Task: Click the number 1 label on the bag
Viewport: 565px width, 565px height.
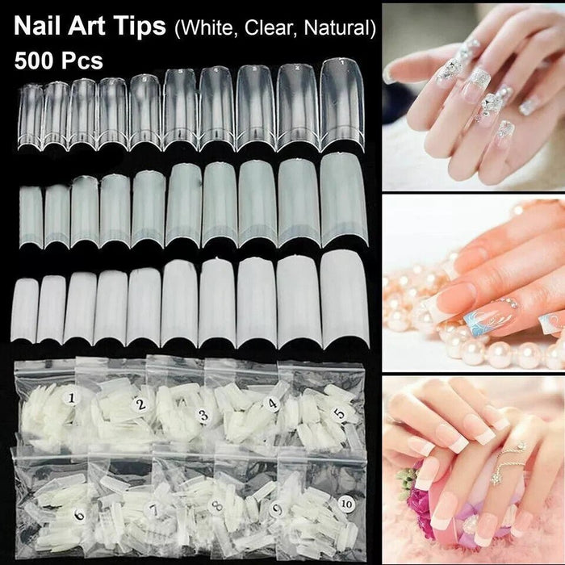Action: pos(72,397)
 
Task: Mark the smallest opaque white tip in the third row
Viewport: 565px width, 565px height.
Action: pos(28,310)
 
